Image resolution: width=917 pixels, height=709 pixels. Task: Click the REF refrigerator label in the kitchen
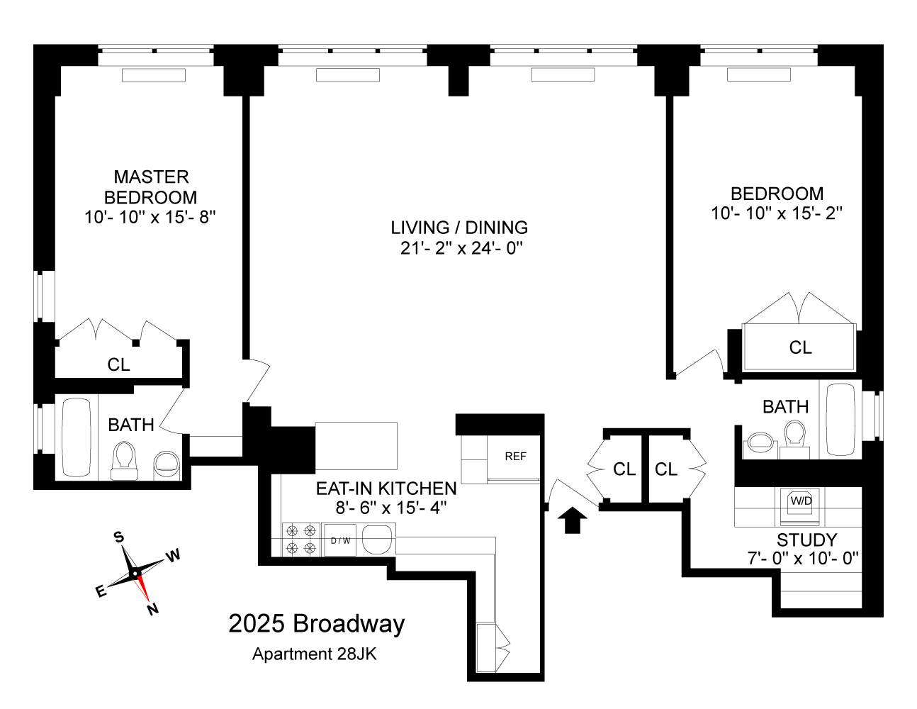click(515, 456)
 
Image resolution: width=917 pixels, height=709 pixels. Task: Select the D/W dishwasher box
click(340, 541)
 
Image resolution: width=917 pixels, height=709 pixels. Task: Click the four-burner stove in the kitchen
click(300, 539)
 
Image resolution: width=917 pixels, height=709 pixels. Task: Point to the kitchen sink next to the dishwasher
click(377, 540)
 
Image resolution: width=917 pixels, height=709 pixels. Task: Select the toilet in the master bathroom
click(124, 460)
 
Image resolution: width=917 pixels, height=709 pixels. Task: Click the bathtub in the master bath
click(75, 437)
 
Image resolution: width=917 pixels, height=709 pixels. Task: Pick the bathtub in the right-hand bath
click(840, 420)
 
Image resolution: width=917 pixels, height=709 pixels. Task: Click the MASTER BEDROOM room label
click(150, 186)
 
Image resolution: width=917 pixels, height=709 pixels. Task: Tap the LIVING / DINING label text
click(459, 228)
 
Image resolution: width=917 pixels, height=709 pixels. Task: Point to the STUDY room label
click(806, 540)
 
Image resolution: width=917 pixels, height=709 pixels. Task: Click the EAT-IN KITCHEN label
click(386, 489)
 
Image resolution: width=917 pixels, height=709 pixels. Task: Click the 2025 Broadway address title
click(317, 624)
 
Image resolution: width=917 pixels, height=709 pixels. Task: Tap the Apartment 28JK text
click(314, 654)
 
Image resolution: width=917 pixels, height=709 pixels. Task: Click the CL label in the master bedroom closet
click(118, 364)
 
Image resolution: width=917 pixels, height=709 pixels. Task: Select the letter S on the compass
click(119, 537)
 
